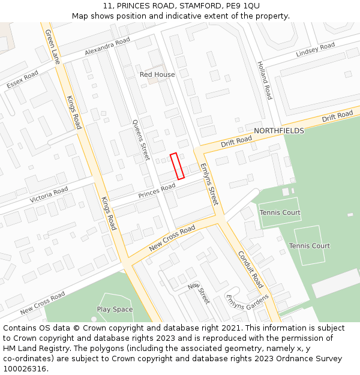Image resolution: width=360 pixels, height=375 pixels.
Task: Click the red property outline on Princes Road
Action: tap(177, 166)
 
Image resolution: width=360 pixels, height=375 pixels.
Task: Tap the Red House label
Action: tap(157, 74)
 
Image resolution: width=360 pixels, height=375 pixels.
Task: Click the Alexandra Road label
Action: tap(107, 47)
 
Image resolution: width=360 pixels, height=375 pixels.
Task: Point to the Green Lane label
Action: tap(53, 47)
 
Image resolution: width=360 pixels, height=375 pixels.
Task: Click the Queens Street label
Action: tap(141, 139)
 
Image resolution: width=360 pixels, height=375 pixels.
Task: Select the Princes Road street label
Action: tap(157, 191)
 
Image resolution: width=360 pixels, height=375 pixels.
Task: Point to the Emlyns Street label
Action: tap(208, 184)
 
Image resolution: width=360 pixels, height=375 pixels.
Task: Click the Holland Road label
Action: tap(264, 80)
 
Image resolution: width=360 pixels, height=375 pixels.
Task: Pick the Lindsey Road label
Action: tap(316, 50)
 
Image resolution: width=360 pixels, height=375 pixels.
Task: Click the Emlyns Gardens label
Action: tap(247, 306)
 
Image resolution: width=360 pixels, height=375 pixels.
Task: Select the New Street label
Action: tap(198, 293)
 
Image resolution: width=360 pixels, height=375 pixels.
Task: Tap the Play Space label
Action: tap(115, 310)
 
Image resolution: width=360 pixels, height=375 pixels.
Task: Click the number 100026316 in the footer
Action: tap(25, 368)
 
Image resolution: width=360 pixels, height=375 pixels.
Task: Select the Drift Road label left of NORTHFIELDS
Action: tap(236, 140)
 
